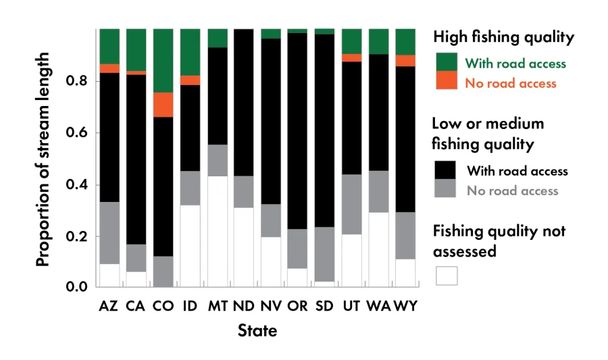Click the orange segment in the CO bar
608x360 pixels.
click(163, 105)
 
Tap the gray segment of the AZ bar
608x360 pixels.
click(109, 232)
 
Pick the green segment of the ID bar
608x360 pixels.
click(190, 52)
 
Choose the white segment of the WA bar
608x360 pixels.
click(378, 250)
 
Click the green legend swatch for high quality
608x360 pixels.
click(447, 61)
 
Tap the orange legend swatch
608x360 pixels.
click(447, 80)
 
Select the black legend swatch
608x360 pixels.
click(447, 170)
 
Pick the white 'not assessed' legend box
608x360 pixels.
click(447, 276)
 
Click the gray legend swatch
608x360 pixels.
click(447, 189)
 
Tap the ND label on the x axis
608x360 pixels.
click(244, 306)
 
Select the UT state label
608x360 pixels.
click(351, 306)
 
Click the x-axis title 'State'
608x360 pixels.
click(257, 331)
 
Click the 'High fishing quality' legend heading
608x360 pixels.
click(503, 37)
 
